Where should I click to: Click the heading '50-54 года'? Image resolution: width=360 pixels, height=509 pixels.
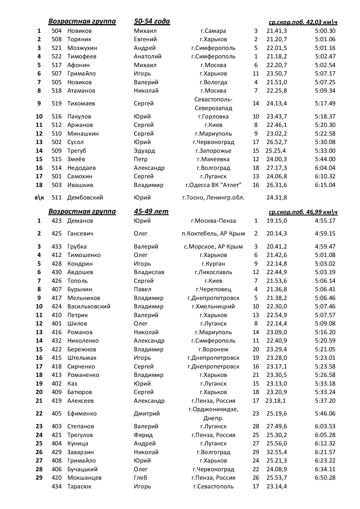click(152, 21)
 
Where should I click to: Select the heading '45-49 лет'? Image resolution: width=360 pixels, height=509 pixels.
click(151, 211)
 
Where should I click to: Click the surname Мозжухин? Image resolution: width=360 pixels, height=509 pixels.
click(82, 48)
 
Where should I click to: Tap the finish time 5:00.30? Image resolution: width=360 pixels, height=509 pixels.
click(325, 31)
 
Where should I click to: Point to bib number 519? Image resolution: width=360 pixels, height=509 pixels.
click(57, 103)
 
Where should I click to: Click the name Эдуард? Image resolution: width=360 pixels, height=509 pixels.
click(144, 151)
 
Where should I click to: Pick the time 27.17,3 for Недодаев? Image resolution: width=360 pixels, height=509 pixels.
click(276, 168)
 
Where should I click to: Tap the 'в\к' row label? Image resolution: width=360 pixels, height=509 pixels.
click(39, 197)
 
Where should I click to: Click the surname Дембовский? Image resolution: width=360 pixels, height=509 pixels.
click(85, 197)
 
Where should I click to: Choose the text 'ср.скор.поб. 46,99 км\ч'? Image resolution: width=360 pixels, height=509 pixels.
click(303, 212)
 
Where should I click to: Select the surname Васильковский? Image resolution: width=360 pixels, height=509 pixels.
click(89, 306)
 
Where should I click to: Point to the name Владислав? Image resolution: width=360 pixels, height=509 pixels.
click(149, 272)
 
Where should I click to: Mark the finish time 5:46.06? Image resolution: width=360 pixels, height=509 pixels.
click(325, 413)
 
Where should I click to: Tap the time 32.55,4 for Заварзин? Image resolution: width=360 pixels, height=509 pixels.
click(276, 452)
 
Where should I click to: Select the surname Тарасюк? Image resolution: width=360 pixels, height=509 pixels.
click(79, 486)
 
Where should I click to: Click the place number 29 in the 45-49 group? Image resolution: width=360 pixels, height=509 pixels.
click(39, 478)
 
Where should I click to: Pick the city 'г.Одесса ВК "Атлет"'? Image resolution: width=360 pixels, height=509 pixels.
click(213, 185)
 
